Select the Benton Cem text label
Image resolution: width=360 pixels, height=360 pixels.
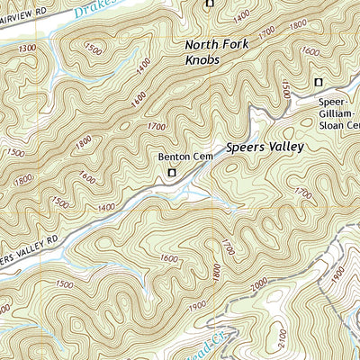pyautogui.click(x=178, y=157)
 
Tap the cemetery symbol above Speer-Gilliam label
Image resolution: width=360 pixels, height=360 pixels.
pyautogui.click(x=317, y=83)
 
